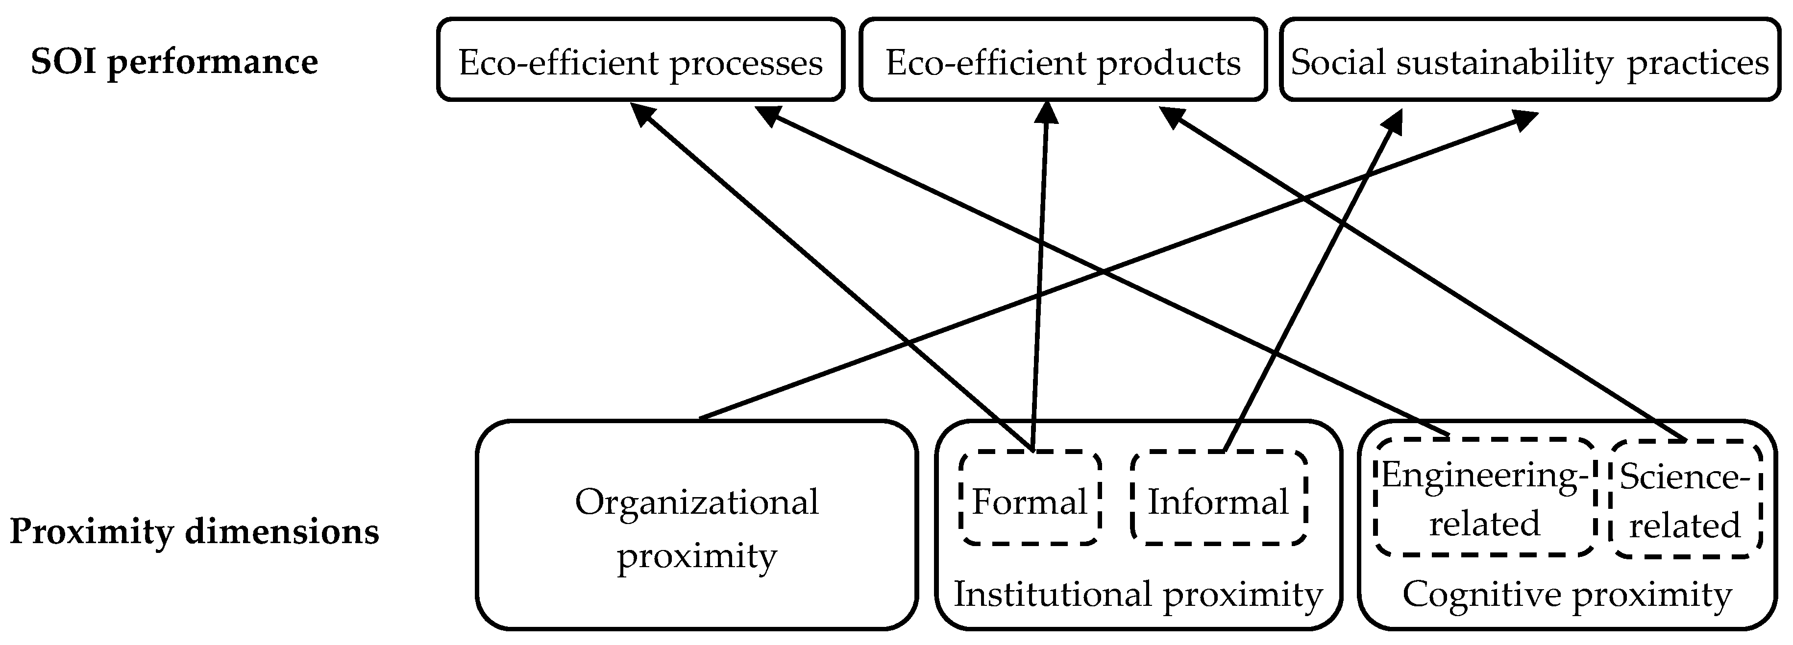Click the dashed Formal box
tap(1030, 502)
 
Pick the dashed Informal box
tap(1218, 502)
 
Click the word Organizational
tap(697, 502)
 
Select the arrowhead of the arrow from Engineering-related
tap(768, 115)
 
